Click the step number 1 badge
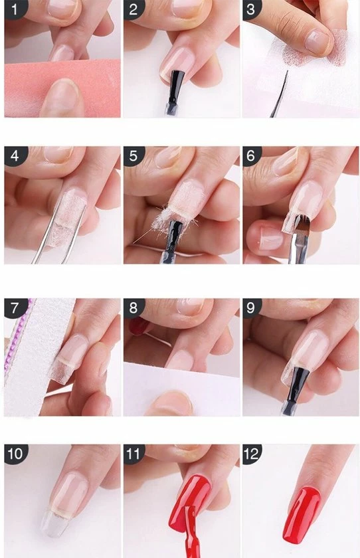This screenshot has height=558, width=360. [15, 9]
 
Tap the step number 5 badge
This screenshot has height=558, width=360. [134, 155]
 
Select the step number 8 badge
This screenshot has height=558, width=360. [134, 307]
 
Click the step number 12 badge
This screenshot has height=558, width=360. [252, 454]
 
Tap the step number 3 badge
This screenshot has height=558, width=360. [252, 9]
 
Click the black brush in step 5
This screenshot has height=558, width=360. [175, 235]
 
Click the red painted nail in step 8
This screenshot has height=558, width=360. [137, 326]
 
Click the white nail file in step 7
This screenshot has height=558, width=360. [36, 356]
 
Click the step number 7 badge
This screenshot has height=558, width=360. [15, 307]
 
